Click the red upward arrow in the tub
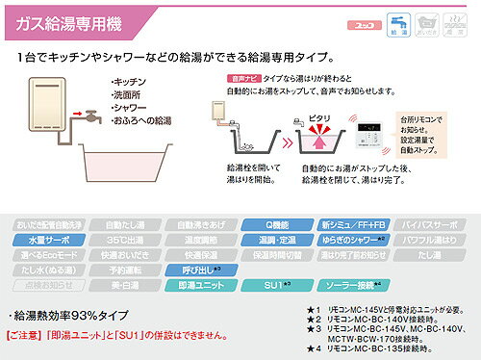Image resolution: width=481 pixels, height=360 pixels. pos(317,142)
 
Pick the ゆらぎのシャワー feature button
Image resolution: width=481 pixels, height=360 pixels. pos(358,238)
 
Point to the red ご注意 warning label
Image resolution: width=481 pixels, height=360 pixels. pos(33,338)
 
